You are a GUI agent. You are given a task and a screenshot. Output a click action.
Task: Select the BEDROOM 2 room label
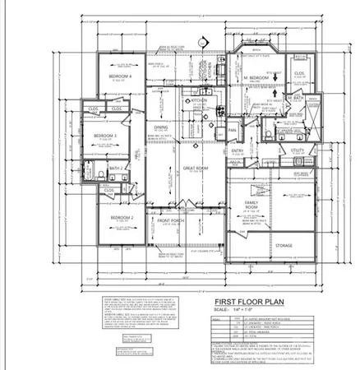(x=122, y=217)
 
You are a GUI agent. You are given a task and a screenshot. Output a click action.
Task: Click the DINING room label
(x=163, y=127)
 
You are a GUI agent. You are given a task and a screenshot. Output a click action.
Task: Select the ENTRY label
(x=238, y=150)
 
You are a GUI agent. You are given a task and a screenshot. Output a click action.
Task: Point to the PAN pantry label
(x=233, y=129)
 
